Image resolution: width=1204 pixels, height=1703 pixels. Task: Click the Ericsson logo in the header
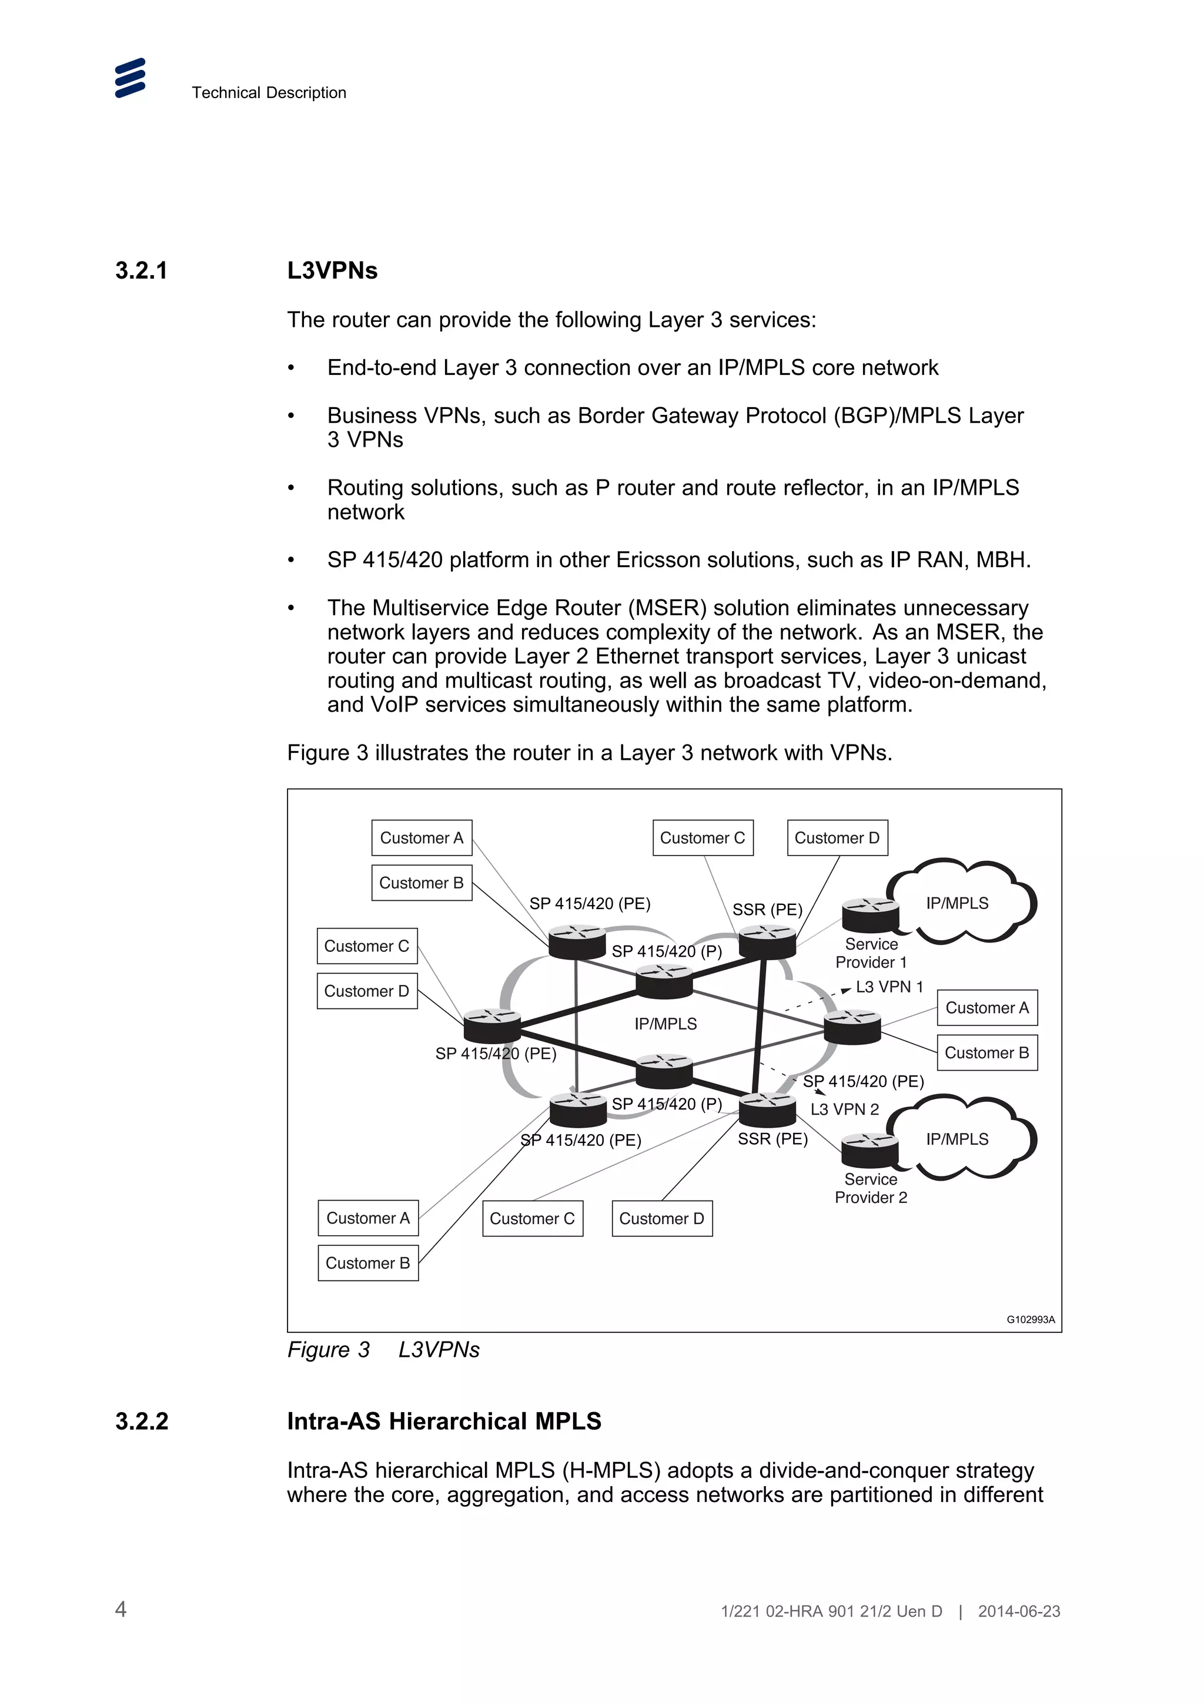(130, 78)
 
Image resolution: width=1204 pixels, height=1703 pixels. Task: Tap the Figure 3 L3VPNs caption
(383, 1349)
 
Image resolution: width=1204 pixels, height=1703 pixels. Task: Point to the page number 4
(121, 1609)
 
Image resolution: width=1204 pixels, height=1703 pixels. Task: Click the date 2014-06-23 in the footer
(1019, 1611)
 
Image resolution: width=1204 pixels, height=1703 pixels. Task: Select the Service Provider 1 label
(871, 953)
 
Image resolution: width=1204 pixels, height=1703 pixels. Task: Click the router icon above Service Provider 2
(870, 1149)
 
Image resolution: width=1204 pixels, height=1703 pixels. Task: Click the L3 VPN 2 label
(844, 1109)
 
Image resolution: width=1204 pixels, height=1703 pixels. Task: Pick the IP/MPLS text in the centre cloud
(665, 1024)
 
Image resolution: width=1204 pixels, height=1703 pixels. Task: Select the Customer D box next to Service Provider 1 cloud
(837, 837)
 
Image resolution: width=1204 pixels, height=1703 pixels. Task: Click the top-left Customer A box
(422, 837)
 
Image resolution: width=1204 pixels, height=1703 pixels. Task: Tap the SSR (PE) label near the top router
(767, 909)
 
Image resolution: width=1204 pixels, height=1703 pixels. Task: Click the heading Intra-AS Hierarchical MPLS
(444, 1421)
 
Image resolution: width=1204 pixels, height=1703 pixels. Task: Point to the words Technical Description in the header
(269, 93)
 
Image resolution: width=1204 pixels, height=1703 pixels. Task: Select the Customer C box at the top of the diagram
(703, 837)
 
